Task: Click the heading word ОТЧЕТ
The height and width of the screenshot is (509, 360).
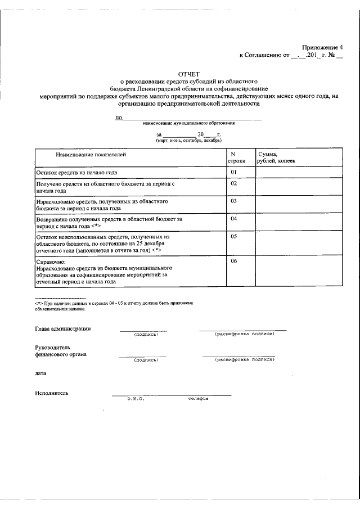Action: pyautogui.click(x=188, y=74)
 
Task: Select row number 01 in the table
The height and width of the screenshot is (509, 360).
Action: pyautogui.click(x=234, y=172)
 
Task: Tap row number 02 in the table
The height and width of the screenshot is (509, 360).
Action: pyautogui.click(x=234, y=183)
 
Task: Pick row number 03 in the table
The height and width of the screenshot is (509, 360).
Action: pyautogui.click(x=234, y=201)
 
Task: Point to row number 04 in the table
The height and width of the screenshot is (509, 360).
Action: pyautogui.click(x=234, y=218)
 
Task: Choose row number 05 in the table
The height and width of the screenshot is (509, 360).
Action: pyautogui.click(x=234, y=237)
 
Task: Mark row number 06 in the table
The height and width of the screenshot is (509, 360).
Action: pyautogui.click(x=234, y=261)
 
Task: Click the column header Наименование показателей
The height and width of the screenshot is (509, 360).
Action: pyautogui.click(x=91, y=154)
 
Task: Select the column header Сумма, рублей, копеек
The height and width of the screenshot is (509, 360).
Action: pyautogui.click(x=276, y=157)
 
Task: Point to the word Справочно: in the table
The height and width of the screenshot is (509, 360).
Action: pyautogui.click(x=51, y=262)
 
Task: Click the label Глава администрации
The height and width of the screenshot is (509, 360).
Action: pyautogui.click(x=62, y=329)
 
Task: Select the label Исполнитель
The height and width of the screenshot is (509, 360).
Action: pyautogui.click(x=52, y=393)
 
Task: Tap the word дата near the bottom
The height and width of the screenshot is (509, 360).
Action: pyautogui.click(x=40, y=372)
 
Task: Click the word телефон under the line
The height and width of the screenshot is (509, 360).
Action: pyautogui.click(x=198, y=399)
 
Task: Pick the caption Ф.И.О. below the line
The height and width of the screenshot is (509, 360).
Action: pyautogui.click(x=136, y=399)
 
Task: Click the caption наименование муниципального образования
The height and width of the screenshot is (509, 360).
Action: pyautogui.click(x=188, y=123)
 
